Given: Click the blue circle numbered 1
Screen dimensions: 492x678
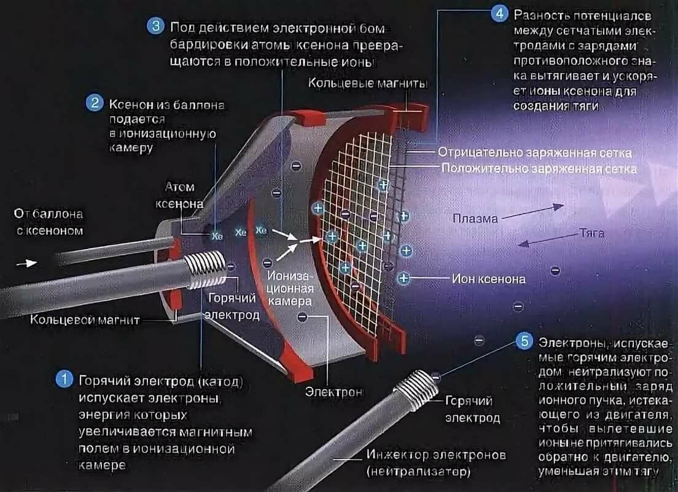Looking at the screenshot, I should click(64, 379).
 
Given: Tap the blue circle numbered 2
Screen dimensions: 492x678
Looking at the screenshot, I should click(95, 103).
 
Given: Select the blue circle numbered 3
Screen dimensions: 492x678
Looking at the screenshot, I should click(155, 26).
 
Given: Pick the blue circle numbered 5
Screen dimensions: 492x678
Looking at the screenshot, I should click(524, 341).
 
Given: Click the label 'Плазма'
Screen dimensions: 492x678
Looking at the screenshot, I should click(475, 218).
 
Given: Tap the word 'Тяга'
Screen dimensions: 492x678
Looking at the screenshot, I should click(591, 234).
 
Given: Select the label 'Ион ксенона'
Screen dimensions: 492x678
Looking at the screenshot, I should click(489, 279).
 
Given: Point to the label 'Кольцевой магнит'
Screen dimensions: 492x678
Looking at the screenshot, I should click(85, 320).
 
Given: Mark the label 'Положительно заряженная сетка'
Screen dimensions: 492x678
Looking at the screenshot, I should click(539, 168).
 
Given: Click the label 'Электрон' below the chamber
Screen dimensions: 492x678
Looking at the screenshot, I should click(334, 392).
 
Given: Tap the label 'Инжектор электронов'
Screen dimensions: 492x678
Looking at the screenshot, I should click(436, 456).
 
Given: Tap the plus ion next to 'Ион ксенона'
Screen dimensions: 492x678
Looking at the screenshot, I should click(403, 278).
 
